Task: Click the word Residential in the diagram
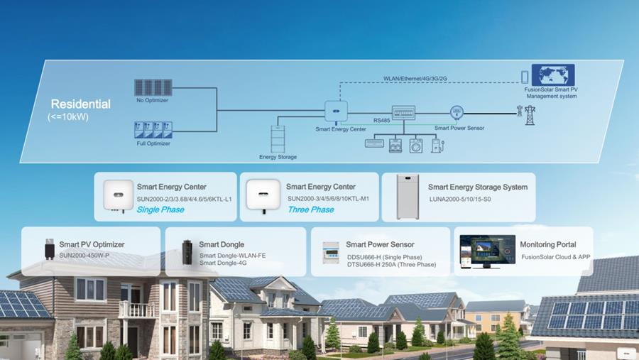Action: (x=80, y=104)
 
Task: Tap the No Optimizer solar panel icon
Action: (x=153, y=87)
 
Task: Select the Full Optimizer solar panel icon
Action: (x=153, y=129)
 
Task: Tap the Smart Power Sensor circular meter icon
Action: (x=457, y=111)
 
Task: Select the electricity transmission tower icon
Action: (x=530, y=114)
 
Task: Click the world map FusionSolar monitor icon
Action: (x=553, y=75)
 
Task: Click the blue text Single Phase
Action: (x=160, y=209)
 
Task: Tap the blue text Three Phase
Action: (x=310, y=209)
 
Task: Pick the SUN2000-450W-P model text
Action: (x=84, y=256)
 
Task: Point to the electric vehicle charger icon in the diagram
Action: (x=436, y=145)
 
